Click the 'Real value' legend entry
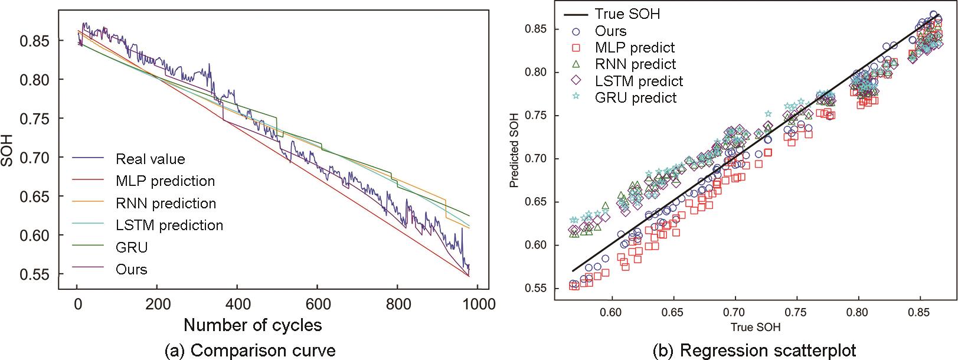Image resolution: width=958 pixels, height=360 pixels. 150,159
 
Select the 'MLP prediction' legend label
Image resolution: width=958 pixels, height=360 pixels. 165,181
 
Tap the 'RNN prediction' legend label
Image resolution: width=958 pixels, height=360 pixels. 166,203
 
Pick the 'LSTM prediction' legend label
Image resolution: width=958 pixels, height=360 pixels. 169,225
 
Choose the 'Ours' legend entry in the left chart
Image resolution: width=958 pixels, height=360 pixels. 131,269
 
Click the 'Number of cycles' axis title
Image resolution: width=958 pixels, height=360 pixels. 253,325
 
